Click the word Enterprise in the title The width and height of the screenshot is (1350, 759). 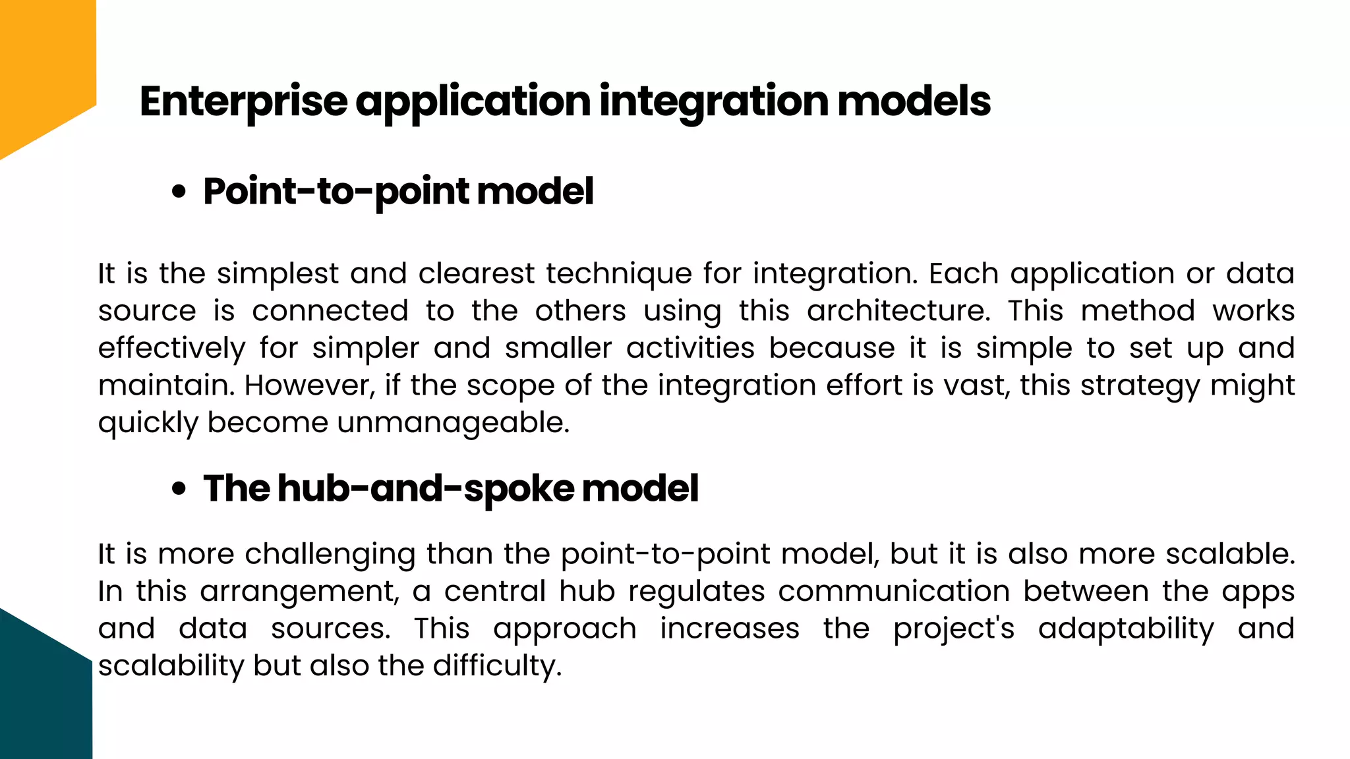pyautogui.click(x=243, y=101)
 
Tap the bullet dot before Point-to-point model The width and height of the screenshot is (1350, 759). pyautogui.click(x=178, y=192)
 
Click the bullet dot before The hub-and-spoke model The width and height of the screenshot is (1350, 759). pyautogui.click(x=178, y=490)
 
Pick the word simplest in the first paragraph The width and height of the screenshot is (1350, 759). pyautogui.click(x=278, y=273)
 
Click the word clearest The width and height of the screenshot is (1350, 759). pyautogui.click(x=476, y=273)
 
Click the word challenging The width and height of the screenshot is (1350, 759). pyautogui.click(x=330, y=555)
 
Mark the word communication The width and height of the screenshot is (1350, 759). pyautogui.click(x=894, y=591)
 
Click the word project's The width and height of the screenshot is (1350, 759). pyautogui.click(x=953, y=629)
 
